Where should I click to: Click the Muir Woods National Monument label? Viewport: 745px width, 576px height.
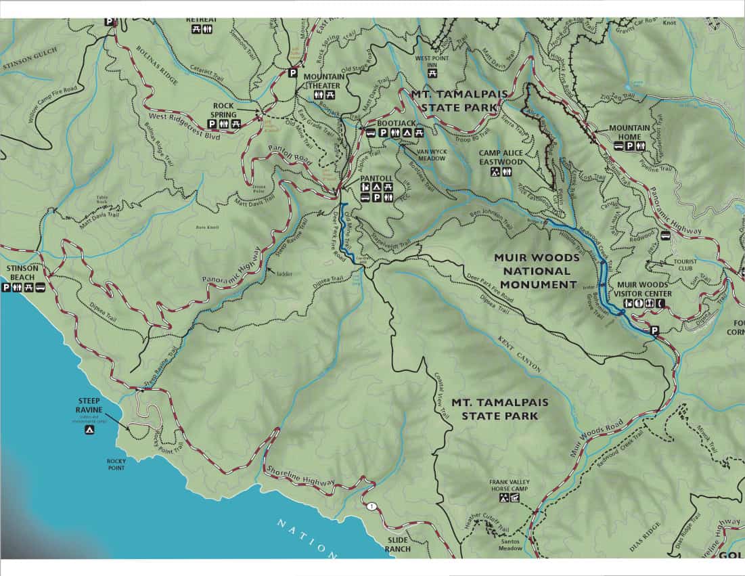pos(536,271)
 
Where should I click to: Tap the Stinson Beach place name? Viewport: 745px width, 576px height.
pos(20,273)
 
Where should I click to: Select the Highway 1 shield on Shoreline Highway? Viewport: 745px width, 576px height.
pos(371,506)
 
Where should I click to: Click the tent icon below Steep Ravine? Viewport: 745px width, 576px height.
pos(89,430)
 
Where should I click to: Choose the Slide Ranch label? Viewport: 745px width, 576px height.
pos(399,544)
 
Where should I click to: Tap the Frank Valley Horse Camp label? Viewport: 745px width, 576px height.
pos(510,486)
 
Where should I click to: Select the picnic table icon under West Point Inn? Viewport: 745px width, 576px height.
pos(432,72)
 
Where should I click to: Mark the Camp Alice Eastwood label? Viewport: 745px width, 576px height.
pos(501,158)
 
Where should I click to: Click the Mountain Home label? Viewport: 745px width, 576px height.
pos(629,132)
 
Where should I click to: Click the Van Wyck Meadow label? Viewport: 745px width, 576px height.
pos(431,154)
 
